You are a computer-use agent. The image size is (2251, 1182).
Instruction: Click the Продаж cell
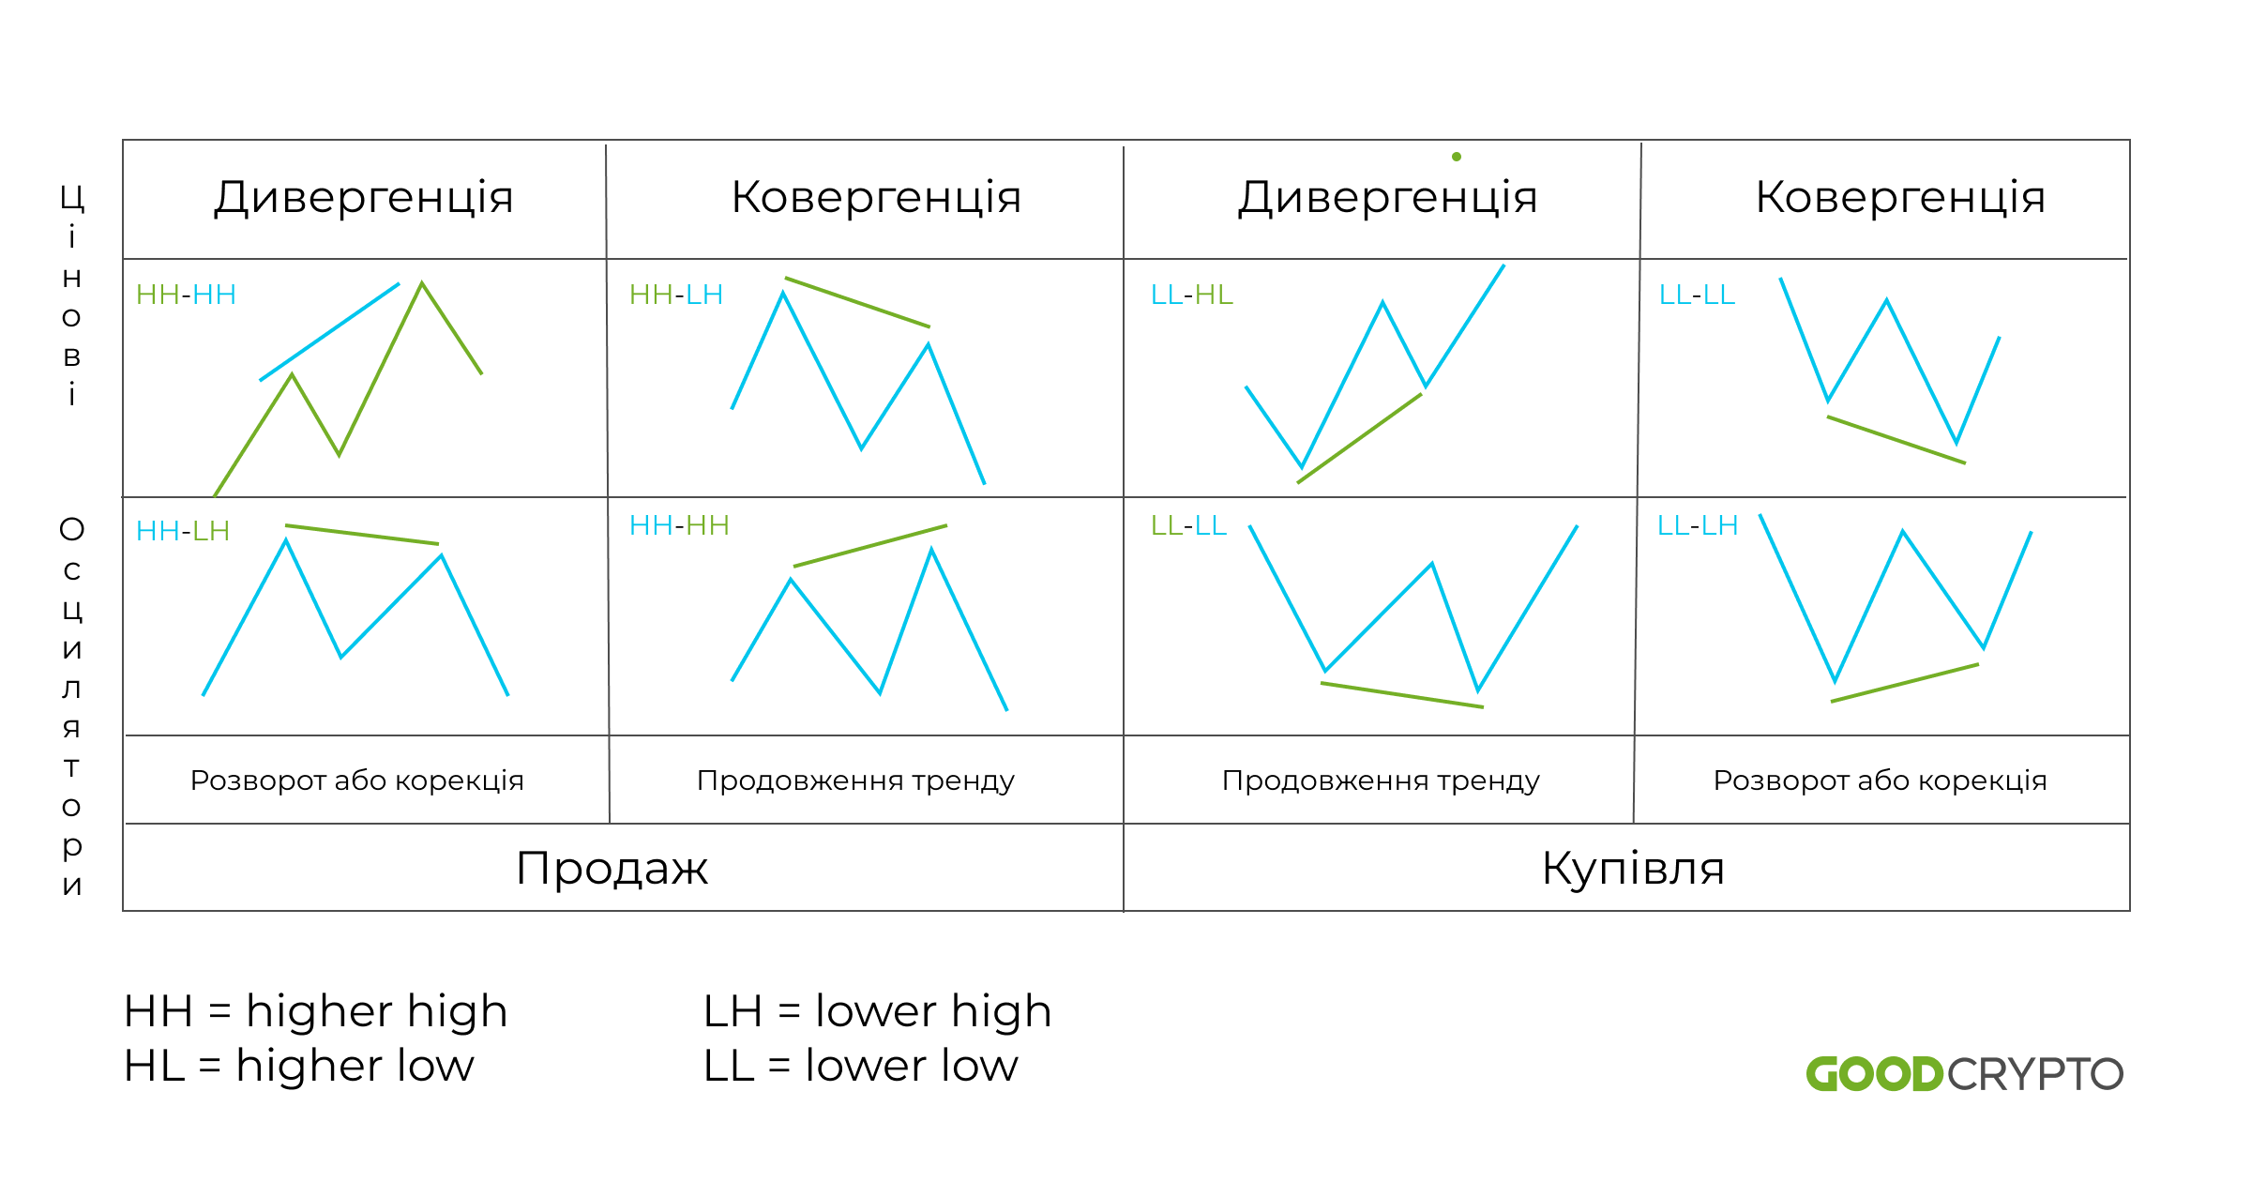pyautogui.click(x=612, y=868)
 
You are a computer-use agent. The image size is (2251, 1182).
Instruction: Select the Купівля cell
pyautogui.click(x=1632, y=868)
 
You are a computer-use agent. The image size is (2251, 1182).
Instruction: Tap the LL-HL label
pyautogui.click(x=1191, y=295)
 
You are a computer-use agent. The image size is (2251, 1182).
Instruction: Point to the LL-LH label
pyautogui.click(x=1697, y=525)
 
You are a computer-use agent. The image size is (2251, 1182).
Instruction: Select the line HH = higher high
pyautogui.click(x=315, y=1011)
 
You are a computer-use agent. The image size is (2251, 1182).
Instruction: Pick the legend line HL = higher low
pyautogui.click(x=298, y=1066)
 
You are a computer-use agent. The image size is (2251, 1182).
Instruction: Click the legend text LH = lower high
pyautogui.click(x=877, y=1011)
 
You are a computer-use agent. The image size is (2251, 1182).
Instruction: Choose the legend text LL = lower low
pyautogui.click(x=860, y=1066)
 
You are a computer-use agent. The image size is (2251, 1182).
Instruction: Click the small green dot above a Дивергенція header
pyautogui.click(x=1457, y=157)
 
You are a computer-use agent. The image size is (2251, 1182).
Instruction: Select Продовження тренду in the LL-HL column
pyautogui.click(x=1381, y=780)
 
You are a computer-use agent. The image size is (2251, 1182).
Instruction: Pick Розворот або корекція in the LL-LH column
pyautogui.click(x=1880, y=780)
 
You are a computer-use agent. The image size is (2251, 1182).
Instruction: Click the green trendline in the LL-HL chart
pyautogui.click(x=1360, y=438)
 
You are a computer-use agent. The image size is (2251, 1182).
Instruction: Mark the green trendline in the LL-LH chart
pyautogui.click(x=1904, y=683)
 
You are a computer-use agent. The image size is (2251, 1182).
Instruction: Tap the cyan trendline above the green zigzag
pyautogui.click(x=329, y=331)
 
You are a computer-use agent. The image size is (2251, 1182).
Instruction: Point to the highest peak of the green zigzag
pyautogui.click(x=422, y=283)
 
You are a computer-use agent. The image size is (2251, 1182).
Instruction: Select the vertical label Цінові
pyautogui.click(x=71, y=296)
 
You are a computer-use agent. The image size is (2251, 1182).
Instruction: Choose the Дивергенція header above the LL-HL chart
pyautogui.click(x=1387, y=198)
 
